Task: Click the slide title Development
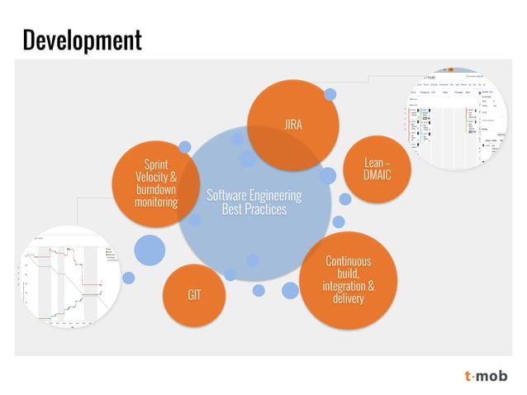(x=82, y=39)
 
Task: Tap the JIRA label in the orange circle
(x=292, y=126)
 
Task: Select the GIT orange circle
(x=195, y=294)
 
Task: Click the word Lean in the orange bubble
(x=374, y=163)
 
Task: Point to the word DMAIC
(x=377, y=176)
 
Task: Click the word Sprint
(x=156, y=164)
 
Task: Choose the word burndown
(x=156, y=189)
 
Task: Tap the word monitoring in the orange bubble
(x=156, y=202)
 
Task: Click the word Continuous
(x=348, y=261)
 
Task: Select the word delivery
(x=348, y=298)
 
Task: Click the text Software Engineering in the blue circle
(x=254, y=196)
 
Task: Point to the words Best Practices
(x=254, y=210)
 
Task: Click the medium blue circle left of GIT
(x=150, y=250)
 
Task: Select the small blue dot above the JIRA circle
(x=330, y=94)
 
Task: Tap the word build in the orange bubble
(x=348, y=274)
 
